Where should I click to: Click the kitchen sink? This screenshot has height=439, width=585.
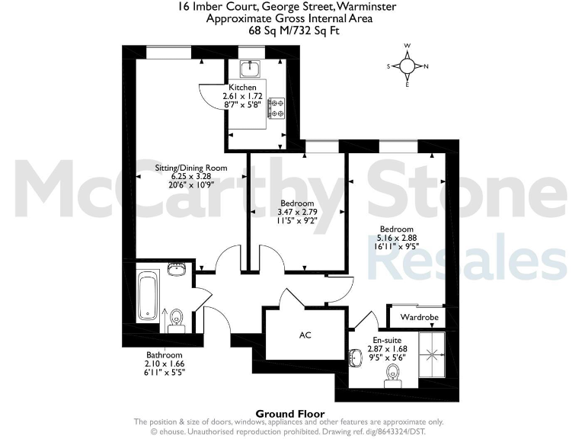[x=249, y=69]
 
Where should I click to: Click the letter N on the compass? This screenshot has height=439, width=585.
[x=426, y=66]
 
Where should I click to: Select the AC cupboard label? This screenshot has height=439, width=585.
[x=305, y=335]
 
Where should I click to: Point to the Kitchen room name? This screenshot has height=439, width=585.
[x=242, y=88]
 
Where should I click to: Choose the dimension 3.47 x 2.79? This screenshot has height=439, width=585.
[x=297, y=213]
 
